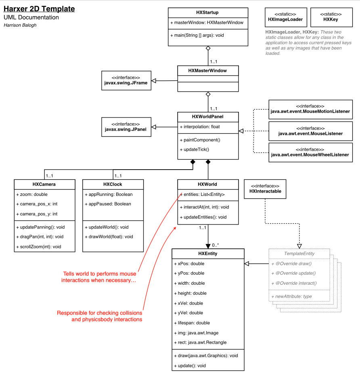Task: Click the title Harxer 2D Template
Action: point(39,9)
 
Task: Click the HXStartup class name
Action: point(208,13)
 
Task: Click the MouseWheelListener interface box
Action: point(310,152)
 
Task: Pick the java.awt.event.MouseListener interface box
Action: point(310,131)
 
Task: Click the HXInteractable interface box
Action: point(265,189)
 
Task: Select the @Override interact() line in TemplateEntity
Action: point(293,283)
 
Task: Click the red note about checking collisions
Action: point(99,316)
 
